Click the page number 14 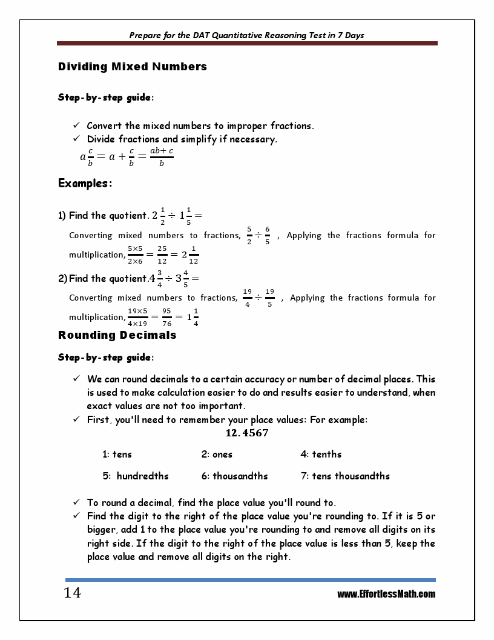pos(72,593)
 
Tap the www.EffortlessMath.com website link pos(386,594)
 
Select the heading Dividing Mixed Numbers pos(133,67)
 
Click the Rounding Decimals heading pos(117,335)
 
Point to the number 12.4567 pos(246,433)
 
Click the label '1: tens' pos(117,454)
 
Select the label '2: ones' pos(217,454)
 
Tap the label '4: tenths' pos(321,454)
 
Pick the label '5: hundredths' pos(136,476)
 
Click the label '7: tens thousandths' pos(345,476)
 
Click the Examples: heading pos(85,183)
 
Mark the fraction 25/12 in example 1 pos(162,254)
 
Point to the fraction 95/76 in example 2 pos(166,316)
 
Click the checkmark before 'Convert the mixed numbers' pos(76,126)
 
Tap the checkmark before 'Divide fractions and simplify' pos(76,139)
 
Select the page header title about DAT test pos(246,35)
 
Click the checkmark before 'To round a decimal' pos(76,502)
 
